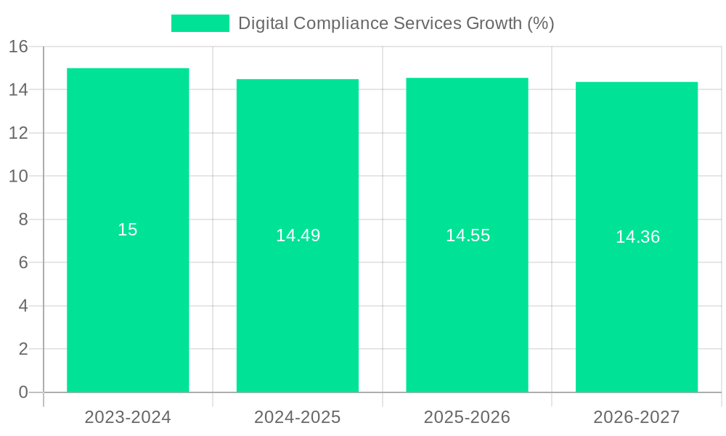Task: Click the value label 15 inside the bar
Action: click(128, 230)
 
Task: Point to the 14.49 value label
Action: click(298, 235)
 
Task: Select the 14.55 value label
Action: click(468, 235)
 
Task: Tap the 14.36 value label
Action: click(637, 237)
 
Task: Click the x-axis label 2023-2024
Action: click(128, 417)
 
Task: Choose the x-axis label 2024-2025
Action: click(298, 417)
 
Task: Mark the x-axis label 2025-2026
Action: click(467, 417)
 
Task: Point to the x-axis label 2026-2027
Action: click(637, 417)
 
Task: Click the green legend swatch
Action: click(200, 23)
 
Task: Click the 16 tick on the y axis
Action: click(18, 47)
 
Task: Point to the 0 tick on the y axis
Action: click(23, 392)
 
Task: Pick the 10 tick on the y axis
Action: click(18, 177)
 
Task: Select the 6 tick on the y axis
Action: click(23, 262)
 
